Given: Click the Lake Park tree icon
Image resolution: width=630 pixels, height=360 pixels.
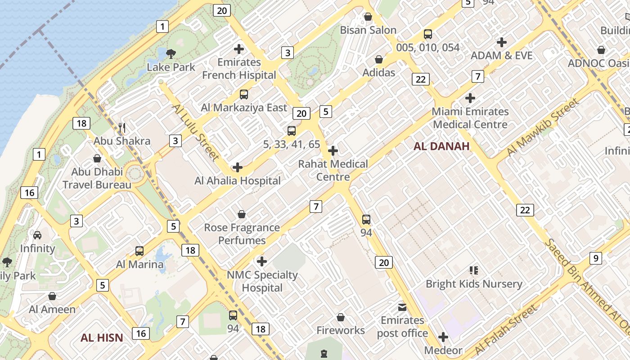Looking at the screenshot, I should (171, 54).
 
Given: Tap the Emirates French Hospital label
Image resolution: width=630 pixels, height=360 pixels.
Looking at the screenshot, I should (239, 68).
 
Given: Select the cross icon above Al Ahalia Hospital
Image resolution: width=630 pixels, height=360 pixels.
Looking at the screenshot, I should (237, 168).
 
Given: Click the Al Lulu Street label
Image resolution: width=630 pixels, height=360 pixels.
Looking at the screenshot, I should (196, 132).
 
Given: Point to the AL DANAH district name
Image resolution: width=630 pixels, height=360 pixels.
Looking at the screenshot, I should (441, 146).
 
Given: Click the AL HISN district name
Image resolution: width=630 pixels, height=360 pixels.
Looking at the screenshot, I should (102, 337).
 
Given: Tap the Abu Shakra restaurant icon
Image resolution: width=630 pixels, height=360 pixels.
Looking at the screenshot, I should (121, 128).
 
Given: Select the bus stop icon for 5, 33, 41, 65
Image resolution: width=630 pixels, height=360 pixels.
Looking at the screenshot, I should (292, 131).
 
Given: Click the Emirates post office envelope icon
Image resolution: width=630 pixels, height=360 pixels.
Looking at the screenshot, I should (402, 307).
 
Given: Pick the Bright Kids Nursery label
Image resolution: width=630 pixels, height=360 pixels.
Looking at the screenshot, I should (474, 284).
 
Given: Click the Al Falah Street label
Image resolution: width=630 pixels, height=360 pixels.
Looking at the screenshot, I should (506, 329).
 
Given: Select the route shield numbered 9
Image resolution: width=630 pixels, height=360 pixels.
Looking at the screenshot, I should (595, 258).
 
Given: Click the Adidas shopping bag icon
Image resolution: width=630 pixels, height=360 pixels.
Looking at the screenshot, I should (379, 59).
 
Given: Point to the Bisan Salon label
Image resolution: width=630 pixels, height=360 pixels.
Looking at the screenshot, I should (368, 30).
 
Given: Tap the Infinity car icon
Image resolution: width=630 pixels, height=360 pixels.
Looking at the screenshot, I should (37, 235).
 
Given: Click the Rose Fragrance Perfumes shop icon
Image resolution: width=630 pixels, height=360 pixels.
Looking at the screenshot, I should (242, 214).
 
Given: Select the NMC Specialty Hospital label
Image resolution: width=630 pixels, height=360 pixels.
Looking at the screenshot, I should (262, 281).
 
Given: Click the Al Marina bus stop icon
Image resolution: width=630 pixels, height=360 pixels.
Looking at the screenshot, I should (139, 251).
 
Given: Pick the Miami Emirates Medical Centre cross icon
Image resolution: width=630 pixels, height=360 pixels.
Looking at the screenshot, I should (470, 98).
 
